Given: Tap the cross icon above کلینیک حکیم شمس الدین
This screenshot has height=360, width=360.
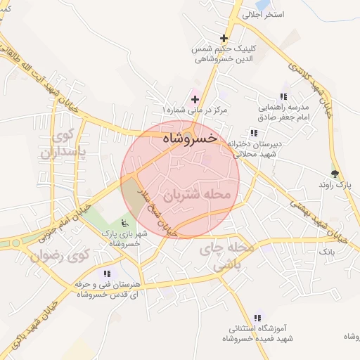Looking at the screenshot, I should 224,38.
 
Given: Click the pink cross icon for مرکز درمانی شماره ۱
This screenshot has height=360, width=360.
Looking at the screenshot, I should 195,100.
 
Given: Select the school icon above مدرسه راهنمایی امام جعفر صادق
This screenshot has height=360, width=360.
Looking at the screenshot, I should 283,97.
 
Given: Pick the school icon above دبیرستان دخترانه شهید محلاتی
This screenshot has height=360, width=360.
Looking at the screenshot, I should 253,133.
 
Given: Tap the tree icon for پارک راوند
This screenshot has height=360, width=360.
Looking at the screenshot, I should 335,173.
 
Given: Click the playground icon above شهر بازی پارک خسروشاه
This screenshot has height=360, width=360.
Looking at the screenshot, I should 124,223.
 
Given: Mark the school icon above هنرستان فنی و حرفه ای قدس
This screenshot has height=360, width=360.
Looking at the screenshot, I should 106,274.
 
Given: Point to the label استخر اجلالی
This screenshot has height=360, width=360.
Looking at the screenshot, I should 262,15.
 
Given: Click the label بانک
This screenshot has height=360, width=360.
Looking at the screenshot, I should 327,251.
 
